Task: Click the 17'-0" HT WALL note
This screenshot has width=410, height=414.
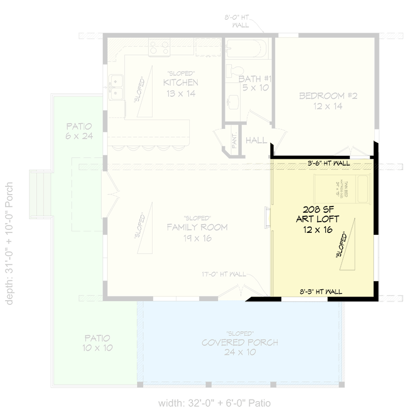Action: tap(224, 274)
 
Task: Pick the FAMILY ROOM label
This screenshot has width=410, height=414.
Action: tap(191, 227)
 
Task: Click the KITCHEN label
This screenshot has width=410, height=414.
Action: tap(180, 83)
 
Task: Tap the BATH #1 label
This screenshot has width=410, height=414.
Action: tap(255, 79)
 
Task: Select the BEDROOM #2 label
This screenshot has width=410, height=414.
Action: tap(328, 96)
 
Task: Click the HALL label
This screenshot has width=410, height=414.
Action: tap(256, 140)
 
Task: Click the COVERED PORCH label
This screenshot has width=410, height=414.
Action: tap(240, 343)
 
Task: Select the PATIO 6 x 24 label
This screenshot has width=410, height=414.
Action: tap(79, 126)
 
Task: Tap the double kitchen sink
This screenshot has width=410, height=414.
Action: tap(116, 83)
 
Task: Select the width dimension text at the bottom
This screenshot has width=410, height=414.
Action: tap(214, 403)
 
